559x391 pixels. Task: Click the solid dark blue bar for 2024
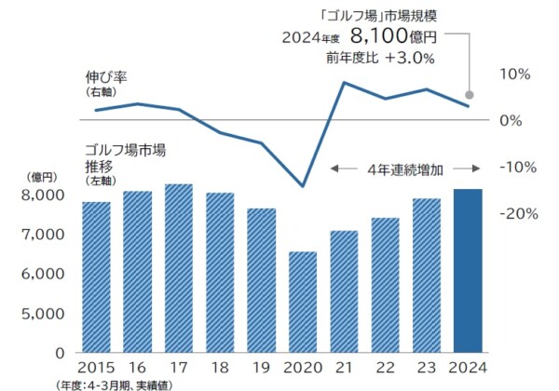click(x=468, y=271)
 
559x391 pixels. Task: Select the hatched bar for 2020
click(x=303, y=302)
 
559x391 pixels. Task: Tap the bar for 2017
click(x=179, y=268)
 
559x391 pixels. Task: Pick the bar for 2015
click(x=96, y=277)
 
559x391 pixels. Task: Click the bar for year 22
click(x=386, y=285)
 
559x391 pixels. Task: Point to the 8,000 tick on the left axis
click(x=41, y=195)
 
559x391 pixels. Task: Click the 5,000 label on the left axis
click(x=41, y=314)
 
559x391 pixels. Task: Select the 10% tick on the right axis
click(x=516, y=74)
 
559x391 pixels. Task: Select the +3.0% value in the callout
click(x=410, y=58)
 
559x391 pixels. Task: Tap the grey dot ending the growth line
click(x=470, y=95)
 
